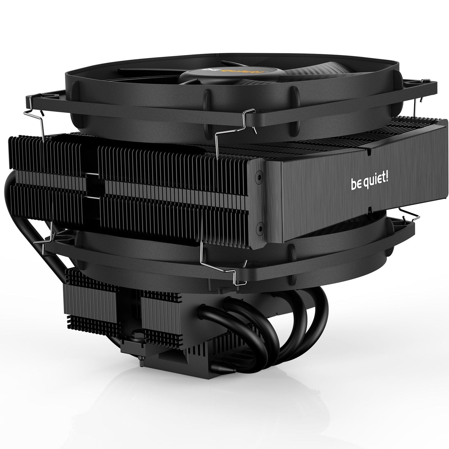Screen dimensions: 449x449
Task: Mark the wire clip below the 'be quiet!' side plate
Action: tap(410, 214)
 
